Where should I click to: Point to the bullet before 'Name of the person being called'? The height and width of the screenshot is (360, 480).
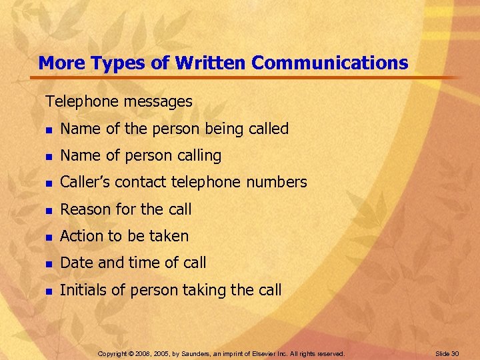point(48,130)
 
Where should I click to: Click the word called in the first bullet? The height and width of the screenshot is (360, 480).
point(267,129)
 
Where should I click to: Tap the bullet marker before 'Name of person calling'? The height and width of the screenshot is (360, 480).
point(48,157)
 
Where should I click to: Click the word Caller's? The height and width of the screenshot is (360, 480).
point(85,183)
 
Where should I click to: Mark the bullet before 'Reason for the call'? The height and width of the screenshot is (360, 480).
point(48,210)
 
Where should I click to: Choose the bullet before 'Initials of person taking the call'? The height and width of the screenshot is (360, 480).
point(48,291)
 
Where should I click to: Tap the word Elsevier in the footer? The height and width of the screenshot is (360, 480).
point(266,353)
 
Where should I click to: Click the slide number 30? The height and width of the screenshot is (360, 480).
point(455,353)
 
